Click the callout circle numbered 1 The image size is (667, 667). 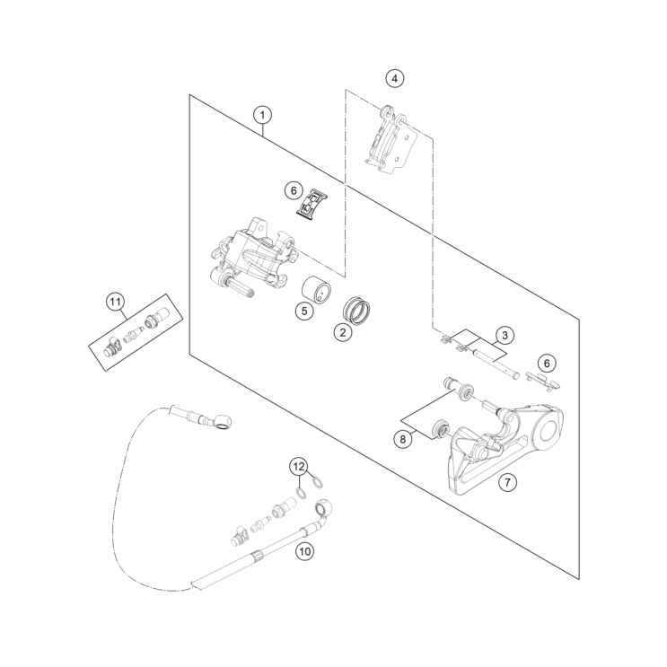click(261, 114)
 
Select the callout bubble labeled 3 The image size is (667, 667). click(505, 335)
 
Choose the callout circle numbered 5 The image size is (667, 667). click(304, 311)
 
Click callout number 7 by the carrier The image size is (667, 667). click(507, 482)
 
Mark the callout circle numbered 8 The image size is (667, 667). click(404, 438)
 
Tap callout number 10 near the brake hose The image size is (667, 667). click(305, 551)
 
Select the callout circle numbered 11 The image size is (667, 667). click(115, 302)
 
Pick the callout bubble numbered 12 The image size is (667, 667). click(298, 466)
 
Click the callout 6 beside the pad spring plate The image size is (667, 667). click(293, 190)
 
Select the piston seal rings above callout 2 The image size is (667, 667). click(360, 310)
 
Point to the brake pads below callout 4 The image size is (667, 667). click(394, 139)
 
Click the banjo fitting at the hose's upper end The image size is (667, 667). click(220, 419)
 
